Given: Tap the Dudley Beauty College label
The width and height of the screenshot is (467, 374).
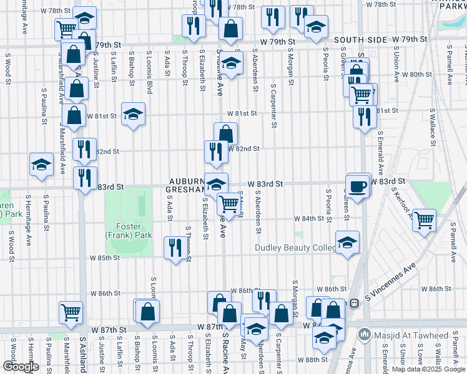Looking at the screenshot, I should click(295, 247).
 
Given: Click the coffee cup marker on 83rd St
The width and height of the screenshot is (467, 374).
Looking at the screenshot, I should click(358, 186).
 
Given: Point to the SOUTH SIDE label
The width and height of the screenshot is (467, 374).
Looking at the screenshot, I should click(360, 39).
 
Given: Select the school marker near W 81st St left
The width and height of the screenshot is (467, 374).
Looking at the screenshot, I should click(133, 114).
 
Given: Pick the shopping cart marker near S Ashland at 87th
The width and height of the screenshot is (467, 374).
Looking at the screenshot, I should click(71, 311).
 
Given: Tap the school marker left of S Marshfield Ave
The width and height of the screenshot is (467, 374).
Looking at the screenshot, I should click(42, 165).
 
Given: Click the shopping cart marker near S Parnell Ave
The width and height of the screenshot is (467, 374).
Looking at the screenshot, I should click(425, 219).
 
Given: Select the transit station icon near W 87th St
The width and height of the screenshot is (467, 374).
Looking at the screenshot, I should click(353, 304).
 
